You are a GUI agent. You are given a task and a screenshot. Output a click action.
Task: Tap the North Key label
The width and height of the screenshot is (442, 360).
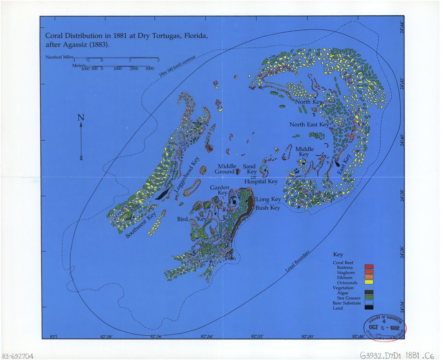[309, 101]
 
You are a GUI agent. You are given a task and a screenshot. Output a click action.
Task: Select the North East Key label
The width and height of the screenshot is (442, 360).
[309, 125]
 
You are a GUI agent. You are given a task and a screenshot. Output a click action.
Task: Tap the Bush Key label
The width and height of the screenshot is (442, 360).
[268, 208]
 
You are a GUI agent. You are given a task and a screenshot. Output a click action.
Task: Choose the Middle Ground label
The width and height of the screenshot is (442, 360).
[226, 169]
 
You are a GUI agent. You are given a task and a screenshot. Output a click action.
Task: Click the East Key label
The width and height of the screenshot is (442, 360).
[347, 164]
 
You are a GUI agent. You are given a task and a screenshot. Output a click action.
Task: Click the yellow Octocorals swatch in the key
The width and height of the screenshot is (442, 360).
[369, 282]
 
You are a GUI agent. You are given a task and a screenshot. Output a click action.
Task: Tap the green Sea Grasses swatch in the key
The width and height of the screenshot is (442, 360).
[369, 297]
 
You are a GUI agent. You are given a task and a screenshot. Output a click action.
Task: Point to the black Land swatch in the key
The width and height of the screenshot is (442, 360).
[369, 308]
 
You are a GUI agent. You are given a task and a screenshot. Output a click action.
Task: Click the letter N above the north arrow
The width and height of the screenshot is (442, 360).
[81, 118]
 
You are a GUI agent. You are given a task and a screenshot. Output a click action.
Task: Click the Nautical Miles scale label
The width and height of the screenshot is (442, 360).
[59, 57]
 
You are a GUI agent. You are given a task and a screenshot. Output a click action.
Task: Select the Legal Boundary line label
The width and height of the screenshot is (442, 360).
[298, 262]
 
